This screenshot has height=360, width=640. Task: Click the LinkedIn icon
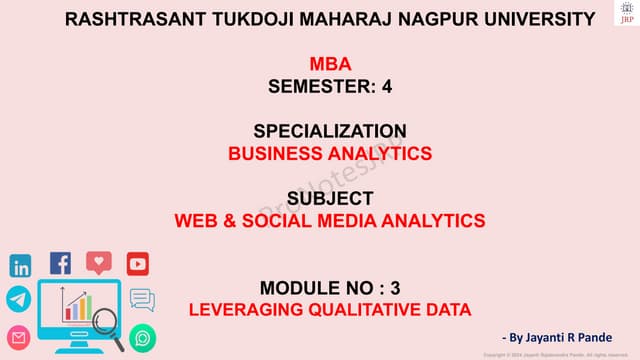click(x=20, y=266)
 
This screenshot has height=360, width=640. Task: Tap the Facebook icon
click(x=60, y=264)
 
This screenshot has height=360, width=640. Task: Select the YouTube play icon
click(x=138, y=264)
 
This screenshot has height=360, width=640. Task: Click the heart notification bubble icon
click(x=99, y=263)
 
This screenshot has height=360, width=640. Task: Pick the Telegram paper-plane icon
click(x=19, y=298)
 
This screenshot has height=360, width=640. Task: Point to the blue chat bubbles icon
click(x=142, y=299)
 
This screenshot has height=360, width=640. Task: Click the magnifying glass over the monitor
click(x=113, y=332)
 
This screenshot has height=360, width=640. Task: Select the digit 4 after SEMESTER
click(x=386, y=86)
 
